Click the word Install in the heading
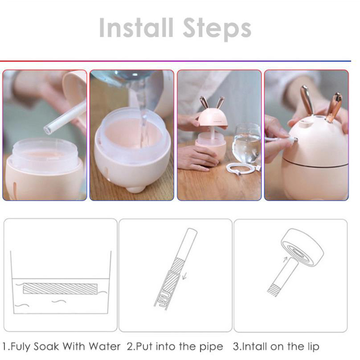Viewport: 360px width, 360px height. point(136,27)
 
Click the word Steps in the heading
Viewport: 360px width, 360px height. point(217,29)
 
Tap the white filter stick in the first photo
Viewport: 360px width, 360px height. point(66,117)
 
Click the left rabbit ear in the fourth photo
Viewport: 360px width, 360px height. point(307,99)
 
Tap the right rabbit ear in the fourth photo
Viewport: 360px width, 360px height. point(335,106)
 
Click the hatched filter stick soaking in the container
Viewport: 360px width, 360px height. point(60,289)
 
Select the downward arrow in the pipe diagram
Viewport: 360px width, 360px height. point(184,275)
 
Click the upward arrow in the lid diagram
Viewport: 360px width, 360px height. point(285,260)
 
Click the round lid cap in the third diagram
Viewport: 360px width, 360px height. point(302,247)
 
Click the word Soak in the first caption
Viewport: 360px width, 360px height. point(46,346)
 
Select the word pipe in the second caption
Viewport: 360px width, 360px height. point(211,347)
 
